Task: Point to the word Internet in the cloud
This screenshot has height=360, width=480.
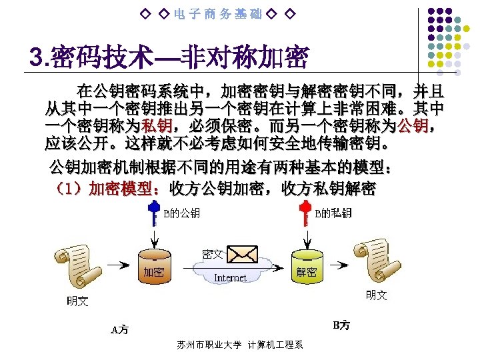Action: point(230,277)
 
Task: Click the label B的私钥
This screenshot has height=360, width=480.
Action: point(333,213)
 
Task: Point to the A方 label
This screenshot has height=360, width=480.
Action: point(120,329)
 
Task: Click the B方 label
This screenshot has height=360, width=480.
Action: point(341,325)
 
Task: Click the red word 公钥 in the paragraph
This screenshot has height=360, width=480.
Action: point(414,125)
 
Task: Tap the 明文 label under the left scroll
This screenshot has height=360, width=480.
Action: point(77,301)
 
